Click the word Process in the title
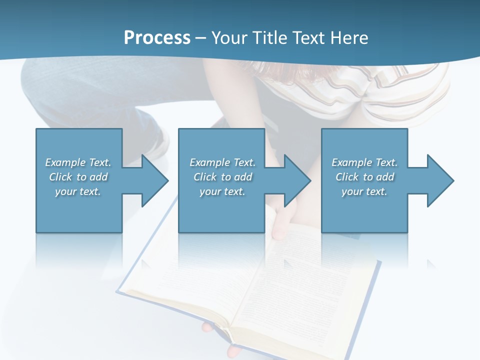coord(157,37)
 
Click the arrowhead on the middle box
coord(296,180)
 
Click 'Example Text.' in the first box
coord(78,162)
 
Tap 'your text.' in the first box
coord(78,191)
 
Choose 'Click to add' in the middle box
coord(222,177)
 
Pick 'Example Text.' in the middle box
coord(222,162)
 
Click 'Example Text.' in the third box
coord(364,162)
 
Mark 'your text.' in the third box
coord(364,191)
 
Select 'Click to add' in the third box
coord(364,177)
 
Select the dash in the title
coord(201,38)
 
